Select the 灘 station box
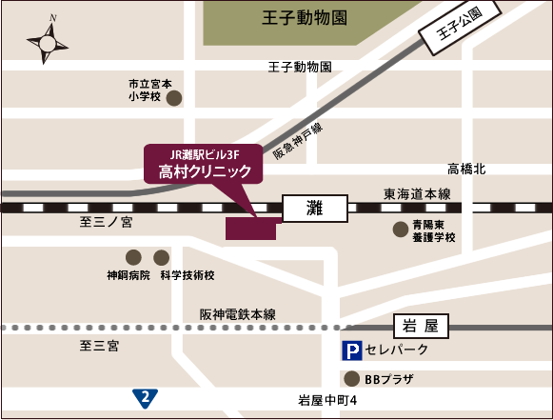(317, 207)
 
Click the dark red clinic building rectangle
(250, 229)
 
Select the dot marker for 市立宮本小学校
(174, 97)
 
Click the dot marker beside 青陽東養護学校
(401, 229)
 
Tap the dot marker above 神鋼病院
(133, 257)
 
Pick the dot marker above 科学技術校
(161, 257)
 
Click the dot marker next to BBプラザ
(352, 377)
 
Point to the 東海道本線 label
(417, 193)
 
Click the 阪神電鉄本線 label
(238, 313)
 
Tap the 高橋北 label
(466, 169)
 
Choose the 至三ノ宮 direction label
(107, 221)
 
